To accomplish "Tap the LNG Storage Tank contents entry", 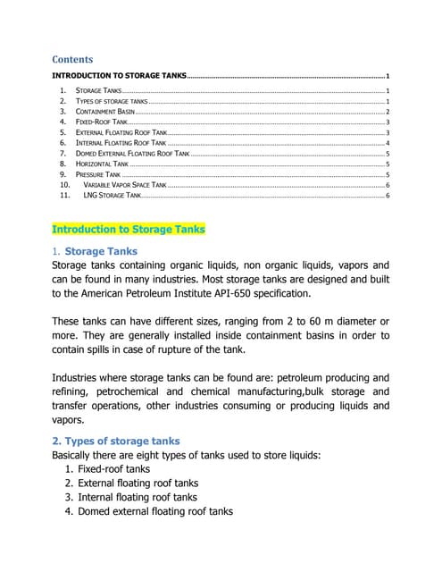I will [x=112, y=194].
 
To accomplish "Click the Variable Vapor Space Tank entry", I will [x=125, y=184].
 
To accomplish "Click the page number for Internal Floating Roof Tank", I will [x=387, y=143].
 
